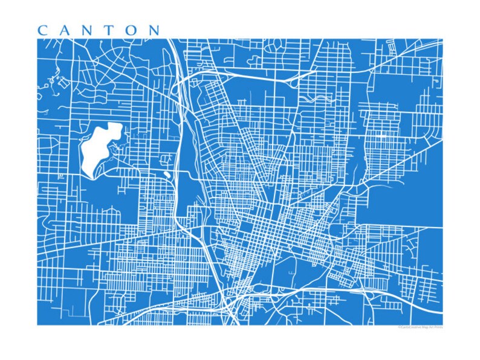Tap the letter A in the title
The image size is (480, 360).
(65, 30)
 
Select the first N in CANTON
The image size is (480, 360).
(88, 30)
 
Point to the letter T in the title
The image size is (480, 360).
(110, 30)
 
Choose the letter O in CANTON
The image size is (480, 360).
(131, 30)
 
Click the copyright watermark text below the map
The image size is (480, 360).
(420, 327)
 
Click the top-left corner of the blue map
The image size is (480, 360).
(37, 40)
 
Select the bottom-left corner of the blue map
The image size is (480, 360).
(37, 324)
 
